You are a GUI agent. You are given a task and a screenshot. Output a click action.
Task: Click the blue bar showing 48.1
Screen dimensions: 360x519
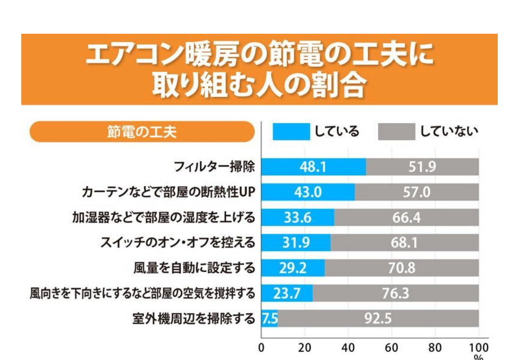(314, 167)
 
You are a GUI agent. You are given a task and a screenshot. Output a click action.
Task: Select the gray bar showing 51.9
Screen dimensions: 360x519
(422, 167)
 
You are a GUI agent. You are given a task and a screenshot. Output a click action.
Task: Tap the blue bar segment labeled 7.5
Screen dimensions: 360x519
(269, 319)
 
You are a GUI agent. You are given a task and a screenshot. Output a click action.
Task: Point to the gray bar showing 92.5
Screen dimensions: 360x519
(378, 319)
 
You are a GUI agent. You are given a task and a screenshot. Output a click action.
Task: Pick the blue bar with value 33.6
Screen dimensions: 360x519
(298, 218)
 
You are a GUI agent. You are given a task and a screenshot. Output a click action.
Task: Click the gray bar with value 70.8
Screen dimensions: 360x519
(402, 268)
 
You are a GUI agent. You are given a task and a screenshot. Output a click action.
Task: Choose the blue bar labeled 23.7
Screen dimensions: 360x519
(287, 293)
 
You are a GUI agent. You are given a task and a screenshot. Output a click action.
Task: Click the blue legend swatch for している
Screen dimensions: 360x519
(291, 132)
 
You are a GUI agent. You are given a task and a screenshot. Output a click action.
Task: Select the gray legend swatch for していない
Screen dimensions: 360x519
(396, 132)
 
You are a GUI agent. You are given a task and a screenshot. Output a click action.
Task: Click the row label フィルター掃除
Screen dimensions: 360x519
(214, 167)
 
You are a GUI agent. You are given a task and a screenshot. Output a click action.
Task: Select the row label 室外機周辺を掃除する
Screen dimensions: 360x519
(194, 319)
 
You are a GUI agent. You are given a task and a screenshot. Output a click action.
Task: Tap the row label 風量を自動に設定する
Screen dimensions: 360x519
(194, 268)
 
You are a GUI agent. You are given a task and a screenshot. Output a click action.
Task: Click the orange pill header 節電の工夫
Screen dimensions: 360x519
(142, 132)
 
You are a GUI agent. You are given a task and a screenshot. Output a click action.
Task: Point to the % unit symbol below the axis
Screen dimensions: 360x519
(478, 356)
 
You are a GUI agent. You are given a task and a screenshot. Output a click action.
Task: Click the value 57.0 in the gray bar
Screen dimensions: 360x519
(417, 192)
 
